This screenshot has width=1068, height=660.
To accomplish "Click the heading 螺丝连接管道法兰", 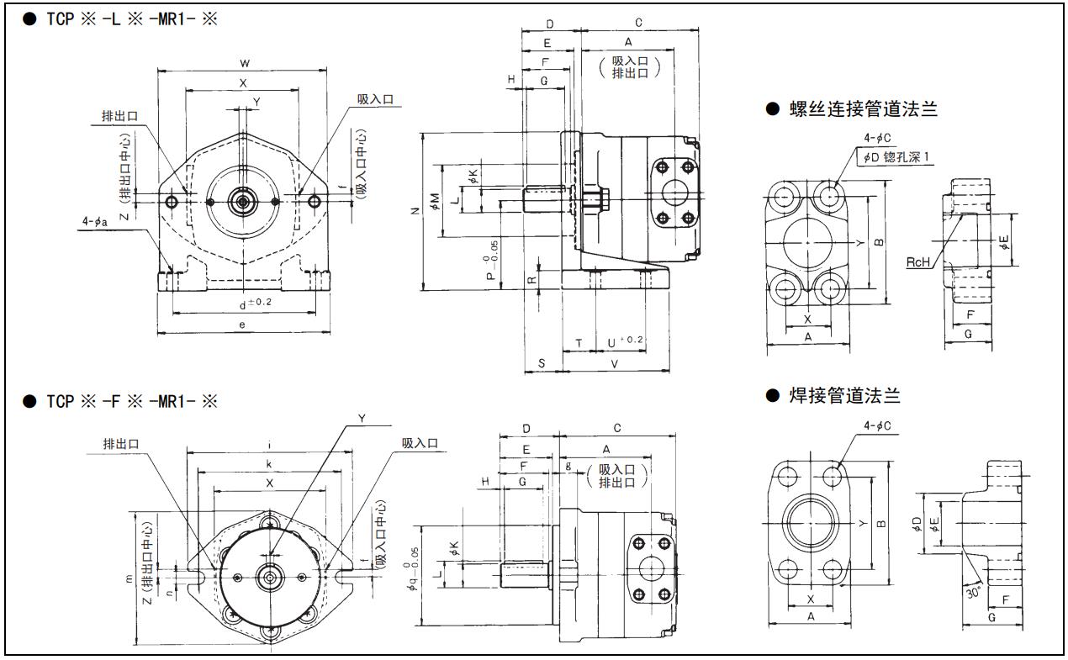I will pyautogui.click(x=863, y=109).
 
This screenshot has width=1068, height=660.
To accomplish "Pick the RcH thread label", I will pyautogui.click(x=918, y=261).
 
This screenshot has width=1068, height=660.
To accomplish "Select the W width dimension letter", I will pyautogui.click(x=244, y=63).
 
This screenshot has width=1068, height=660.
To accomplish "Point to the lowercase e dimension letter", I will pyautogui.click(x=242, y=325).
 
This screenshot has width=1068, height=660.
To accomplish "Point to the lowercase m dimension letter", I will pyautogui.click(x=129, y=578).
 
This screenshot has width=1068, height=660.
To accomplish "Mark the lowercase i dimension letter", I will pyautogui.click(x=268, y=444).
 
